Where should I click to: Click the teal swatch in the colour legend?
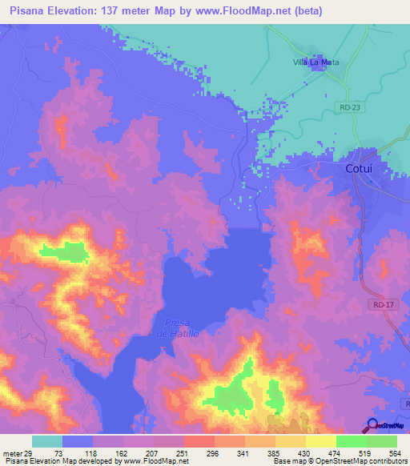(x=47, y=441)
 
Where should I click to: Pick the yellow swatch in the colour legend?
(x=321, y=441)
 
